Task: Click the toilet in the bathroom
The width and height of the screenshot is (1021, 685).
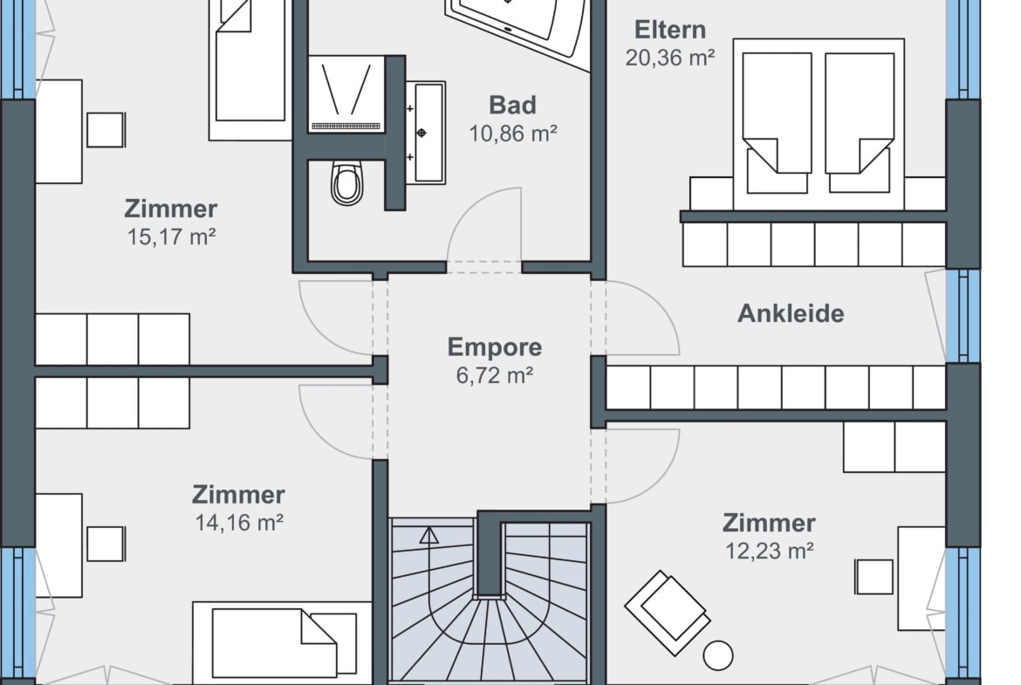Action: tap(346, 183)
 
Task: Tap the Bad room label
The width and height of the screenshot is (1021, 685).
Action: tap(512, 105)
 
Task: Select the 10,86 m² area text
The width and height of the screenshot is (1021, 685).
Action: tap(512, 134)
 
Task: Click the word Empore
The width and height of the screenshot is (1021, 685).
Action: tap(494, 347)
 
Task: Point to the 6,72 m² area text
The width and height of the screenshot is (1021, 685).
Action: tap(494, 376)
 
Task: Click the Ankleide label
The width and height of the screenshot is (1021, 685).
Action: tap(791, 313)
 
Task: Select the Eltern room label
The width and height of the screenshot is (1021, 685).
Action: tap(670, 30)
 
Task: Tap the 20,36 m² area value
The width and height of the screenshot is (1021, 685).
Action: tap(670, 58)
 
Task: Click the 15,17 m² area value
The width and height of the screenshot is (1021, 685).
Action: tap(171, 237)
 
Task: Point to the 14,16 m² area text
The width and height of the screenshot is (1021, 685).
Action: tap(239, 523)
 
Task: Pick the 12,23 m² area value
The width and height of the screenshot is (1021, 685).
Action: tap(769, 551)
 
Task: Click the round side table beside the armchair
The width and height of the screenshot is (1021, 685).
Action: tap(718, 655)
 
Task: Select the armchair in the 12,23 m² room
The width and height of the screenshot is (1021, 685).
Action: tap(668, 613)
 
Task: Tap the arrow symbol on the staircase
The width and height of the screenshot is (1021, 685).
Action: tap(428, 535)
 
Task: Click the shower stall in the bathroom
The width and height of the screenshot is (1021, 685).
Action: tap(346, 94)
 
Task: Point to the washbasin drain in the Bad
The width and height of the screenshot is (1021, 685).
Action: tap(421, 133)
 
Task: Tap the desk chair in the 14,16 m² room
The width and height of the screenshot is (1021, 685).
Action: tap(106, 544)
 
